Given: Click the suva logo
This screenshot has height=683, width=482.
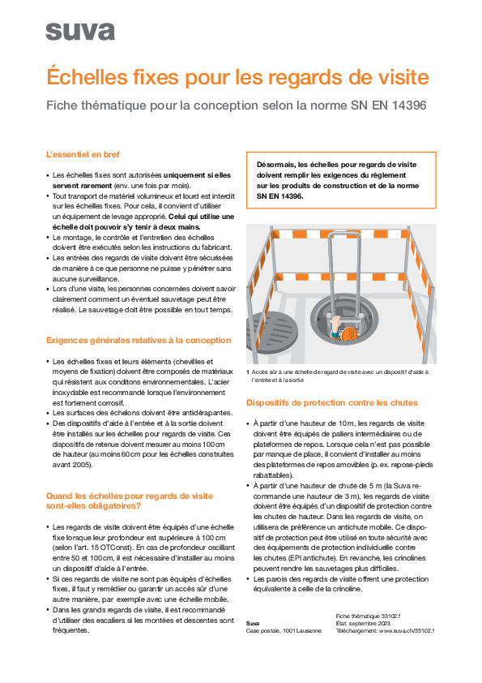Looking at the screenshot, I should [x=79, y=31].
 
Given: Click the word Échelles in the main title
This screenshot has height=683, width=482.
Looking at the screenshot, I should [x=89, y=78].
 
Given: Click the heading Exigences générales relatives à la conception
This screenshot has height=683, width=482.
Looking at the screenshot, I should [x=138, y=340].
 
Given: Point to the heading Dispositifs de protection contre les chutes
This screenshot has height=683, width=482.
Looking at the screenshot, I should [x=332, y=402].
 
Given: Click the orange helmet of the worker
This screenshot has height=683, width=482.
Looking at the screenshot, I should [x=348, y=333].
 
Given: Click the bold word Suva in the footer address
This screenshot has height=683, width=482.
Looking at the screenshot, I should [x=253, y=623].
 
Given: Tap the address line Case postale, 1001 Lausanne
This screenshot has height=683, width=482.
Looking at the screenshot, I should [x=284, y=630].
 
